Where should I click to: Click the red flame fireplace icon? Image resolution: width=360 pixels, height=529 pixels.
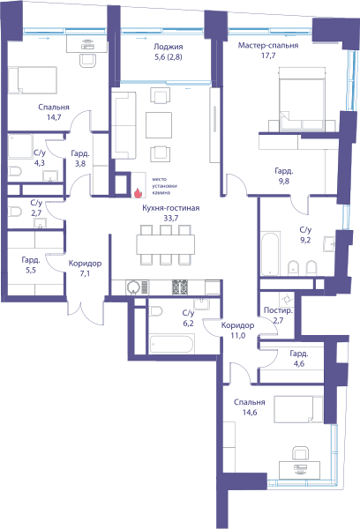(138, 192)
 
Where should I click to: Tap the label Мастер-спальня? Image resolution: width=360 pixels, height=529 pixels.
(268, 45)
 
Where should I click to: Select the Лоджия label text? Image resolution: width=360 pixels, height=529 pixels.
(169, 47)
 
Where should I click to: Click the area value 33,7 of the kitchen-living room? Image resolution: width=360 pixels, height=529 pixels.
(171, 219)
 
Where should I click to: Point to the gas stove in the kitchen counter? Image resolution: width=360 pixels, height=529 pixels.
(180, 287)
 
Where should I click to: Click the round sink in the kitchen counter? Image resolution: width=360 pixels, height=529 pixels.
(133, 287)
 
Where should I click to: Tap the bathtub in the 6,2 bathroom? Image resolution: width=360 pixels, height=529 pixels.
(172, 344)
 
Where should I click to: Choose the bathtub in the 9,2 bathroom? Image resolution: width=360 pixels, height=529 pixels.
(271, 253)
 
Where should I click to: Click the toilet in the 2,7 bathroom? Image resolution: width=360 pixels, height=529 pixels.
(15, 212)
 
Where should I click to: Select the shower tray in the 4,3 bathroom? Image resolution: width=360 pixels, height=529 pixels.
(20, 145)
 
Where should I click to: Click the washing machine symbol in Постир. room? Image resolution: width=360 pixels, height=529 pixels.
(287, 299)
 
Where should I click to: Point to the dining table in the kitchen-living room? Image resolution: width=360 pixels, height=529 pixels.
(166, 244)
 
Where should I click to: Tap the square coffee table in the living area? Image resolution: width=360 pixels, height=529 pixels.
(159, 125)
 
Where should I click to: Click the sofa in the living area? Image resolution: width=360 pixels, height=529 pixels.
(124, 125)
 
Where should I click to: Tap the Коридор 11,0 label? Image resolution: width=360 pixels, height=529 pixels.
(237, 331)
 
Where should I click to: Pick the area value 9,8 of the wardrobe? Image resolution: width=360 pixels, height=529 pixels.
(284, 181)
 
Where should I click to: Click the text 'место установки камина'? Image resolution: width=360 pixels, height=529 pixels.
(164, 186)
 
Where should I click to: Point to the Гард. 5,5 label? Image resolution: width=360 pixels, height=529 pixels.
(31, 264)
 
